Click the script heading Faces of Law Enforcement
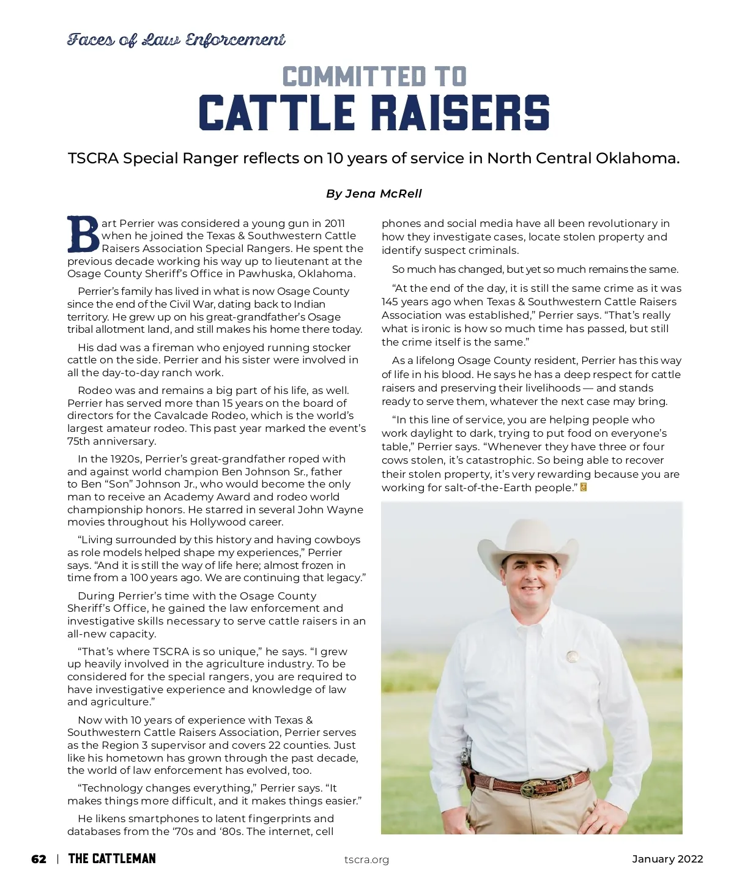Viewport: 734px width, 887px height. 176,40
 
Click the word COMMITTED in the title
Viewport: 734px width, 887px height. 354,78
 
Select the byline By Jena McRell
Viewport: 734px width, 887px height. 374,194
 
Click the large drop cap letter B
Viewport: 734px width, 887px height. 83,234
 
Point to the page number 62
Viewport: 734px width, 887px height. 39,859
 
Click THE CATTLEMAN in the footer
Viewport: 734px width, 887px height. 112,859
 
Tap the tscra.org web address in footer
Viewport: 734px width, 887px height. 366,860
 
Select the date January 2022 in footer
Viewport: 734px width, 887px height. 667,859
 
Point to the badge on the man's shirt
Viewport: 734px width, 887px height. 573,656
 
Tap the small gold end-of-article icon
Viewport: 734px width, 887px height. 584,488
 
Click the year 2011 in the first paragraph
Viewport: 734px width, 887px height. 335,223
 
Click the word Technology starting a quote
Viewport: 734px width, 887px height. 111,788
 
